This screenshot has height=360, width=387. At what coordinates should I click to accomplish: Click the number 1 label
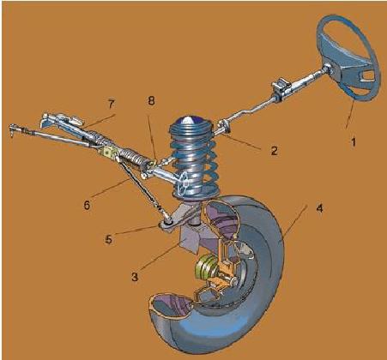click(354, 142)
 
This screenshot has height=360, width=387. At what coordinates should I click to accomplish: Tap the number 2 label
click(274, 151)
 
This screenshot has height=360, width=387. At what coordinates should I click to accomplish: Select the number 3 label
click(135, 277)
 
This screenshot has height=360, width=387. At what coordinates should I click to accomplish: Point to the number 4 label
click(320, 208)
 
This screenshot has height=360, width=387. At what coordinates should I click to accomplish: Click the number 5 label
click(109, 239)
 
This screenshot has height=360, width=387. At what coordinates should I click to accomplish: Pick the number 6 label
click(87, 205)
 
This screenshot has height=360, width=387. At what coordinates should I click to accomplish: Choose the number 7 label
click(111, 105)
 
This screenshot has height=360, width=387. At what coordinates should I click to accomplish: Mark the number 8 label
click(151, 101)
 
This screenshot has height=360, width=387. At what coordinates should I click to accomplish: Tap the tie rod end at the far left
click(13, 129)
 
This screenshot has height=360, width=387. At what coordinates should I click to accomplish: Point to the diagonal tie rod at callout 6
click(138, 183)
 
